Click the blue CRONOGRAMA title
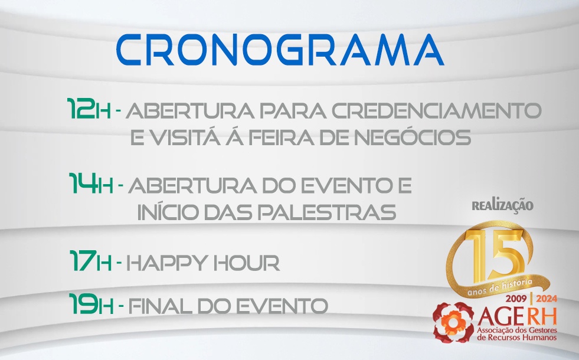coord(280,50)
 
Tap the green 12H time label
coord(89,109)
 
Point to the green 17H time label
coord(90,261)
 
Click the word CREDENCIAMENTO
coord(437,110)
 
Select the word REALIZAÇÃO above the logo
coord(502,206)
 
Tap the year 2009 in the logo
coord(516,299)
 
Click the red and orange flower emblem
coord(453,322)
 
